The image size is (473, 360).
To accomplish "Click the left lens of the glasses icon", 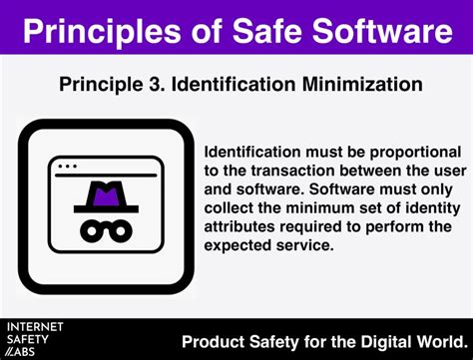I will tap(81, 228).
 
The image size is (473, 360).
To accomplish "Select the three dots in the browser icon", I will tap(67, 165).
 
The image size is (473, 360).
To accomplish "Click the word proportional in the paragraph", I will tap(397, 152).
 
